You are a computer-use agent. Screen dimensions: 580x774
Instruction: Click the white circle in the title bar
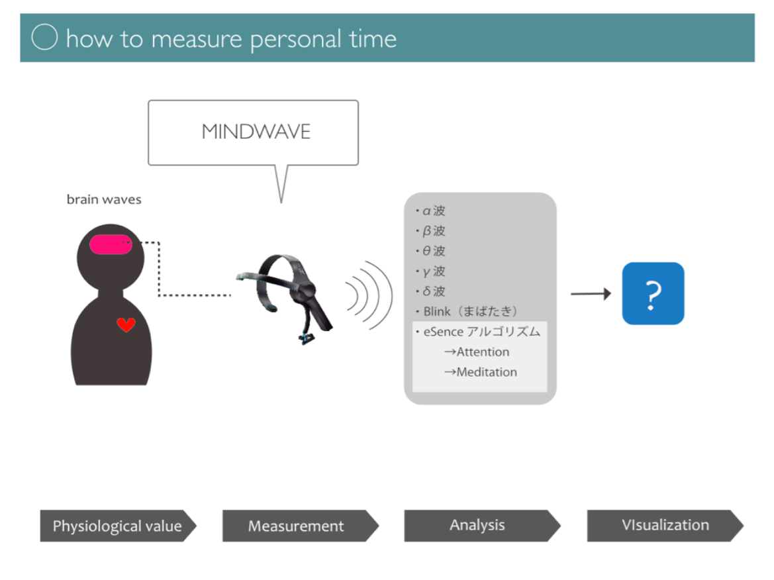click(44, 38)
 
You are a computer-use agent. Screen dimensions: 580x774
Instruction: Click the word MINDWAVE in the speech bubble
click(256, 131)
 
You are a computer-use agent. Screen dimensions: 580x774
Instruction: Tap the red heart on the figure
click(126, 324)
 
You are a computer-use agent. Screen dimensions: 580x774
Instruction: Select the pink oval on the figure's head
click(111, 245)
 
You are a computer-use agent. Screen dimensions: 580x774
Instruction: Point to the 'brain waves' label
click(104, 199)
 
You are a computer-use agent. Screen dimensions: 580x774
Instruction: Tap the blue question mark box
click(653, 293)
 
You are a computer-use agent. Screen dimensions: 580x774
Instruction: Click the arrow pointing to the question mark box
click(591, 294)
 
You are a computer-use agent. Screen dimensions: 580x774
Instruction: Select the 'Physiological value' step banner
click(117, 526)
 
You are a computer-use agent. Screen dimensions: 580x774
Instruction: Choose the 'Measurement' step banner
click(296, 526)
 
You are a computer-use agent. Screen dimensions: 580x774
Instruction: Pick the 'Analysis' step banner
click(477, 526)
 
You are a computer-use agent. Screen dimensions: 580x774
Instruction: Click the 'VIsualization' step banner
click(665, 526)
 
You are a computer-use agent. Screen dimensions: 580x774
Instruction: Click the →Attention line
click(476, 352)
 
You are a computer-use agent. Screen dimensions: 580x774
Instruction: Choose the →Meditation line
click(480, 372)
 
